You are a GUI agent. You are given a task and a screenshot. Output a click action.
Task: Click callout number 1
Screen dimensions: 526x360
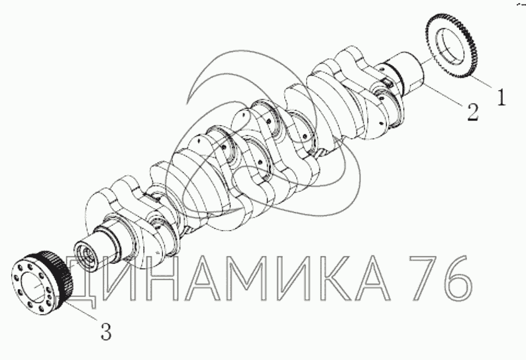[x=501, y=97]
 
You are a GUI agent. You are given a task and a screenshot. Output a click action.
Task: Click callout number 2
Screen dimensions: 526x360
[x=472, y=112]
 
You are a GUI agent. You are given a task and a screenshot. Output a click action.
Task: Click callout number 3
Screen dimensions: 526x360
[x=106, y=331]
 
